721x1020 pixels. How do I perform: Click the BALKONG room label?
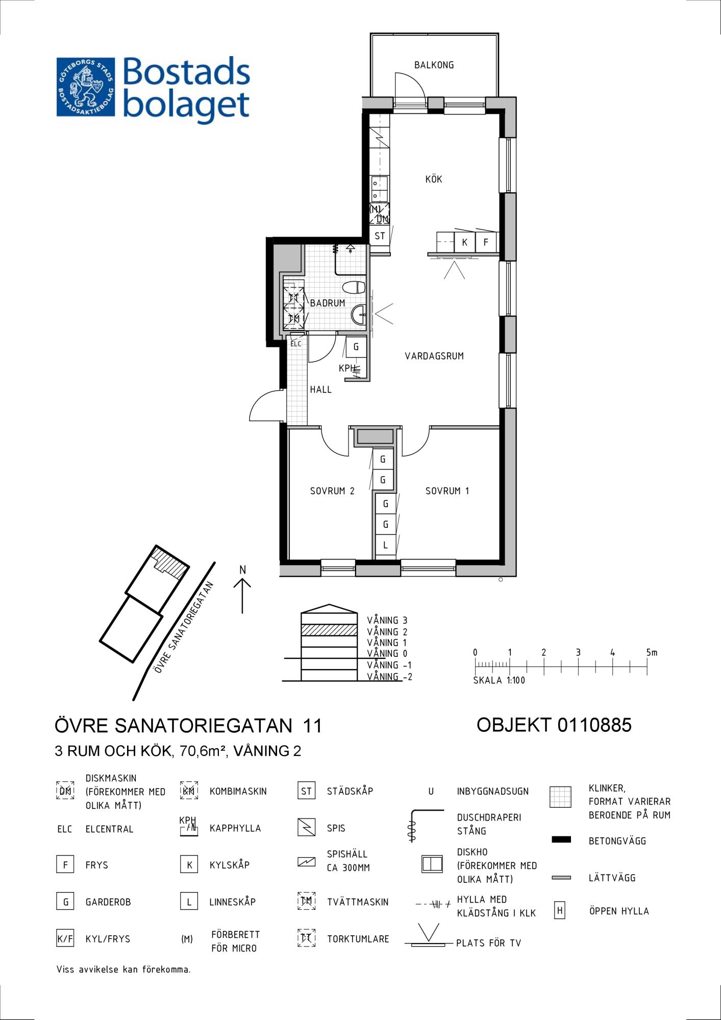(x=434, y=65)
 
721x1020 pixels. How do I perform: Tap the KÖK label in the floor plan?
(x=434, y=179)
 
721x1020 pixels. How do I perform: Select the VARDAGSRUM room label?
(x=434, y=356)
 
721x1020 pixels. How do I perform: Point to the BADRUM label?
(x=328, y=303)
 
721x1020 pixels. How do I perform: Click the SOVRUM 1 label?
(x=447, y=491)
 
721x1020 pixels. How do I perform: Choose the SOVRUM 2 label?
(x=332, y=491)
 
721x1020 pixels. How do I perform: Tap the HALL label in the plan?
(x=321, y=390)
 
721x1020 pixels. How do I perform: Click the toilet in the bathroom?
(x=354, y=288)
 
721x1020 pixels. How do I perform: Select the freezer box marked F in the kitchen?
(x=486, y=242)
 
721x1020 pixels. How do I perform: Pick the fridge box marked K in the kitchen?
(x=464, y=242)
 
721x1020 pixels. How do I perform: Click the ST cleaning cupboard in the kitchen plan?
(x=380, y=236)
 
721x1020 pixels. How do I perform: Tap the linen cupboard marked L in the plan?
(x=385, y=545)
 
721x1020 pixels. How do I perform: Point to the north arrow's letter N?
(x=243, y=570)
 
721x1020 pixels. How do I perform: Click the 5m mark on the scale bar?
(x=651, y=652)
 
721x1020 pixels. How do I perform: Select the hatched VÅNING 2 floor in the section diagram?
(x=329, y=630)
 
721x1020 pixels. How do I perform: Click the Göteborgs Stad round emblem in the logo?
(x=85, y=87)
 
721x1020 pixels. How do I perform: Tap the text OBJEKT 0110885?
(x=554, y=725)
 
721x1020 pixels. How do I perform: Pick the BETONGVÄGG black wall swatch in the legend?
(x=561, y=839)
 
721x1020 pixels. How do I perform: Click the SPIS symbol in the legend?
(x=306, y=827)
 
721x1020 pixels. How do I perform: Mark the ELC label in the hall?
(x=296, y=344)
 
